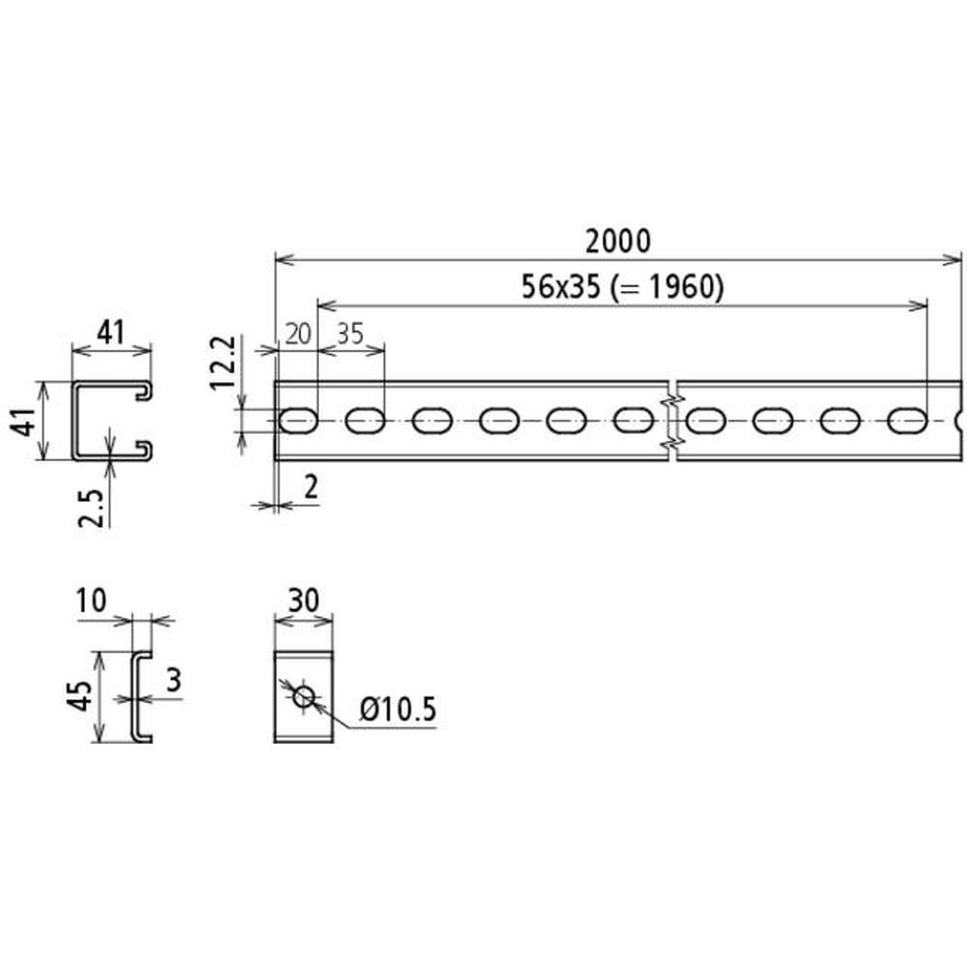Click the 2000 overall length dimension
617,241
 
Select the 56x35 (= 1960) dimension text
622,287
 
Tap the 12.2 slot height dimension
223,362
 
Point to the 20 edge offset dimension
298,335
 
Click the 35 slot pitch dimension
350,335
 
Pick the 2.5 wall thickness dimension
93,509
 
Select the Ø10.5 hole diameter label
398,709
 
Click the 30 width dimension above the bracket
304,601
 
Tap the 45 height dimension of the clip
81,696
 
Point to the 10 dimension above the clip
91,601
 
